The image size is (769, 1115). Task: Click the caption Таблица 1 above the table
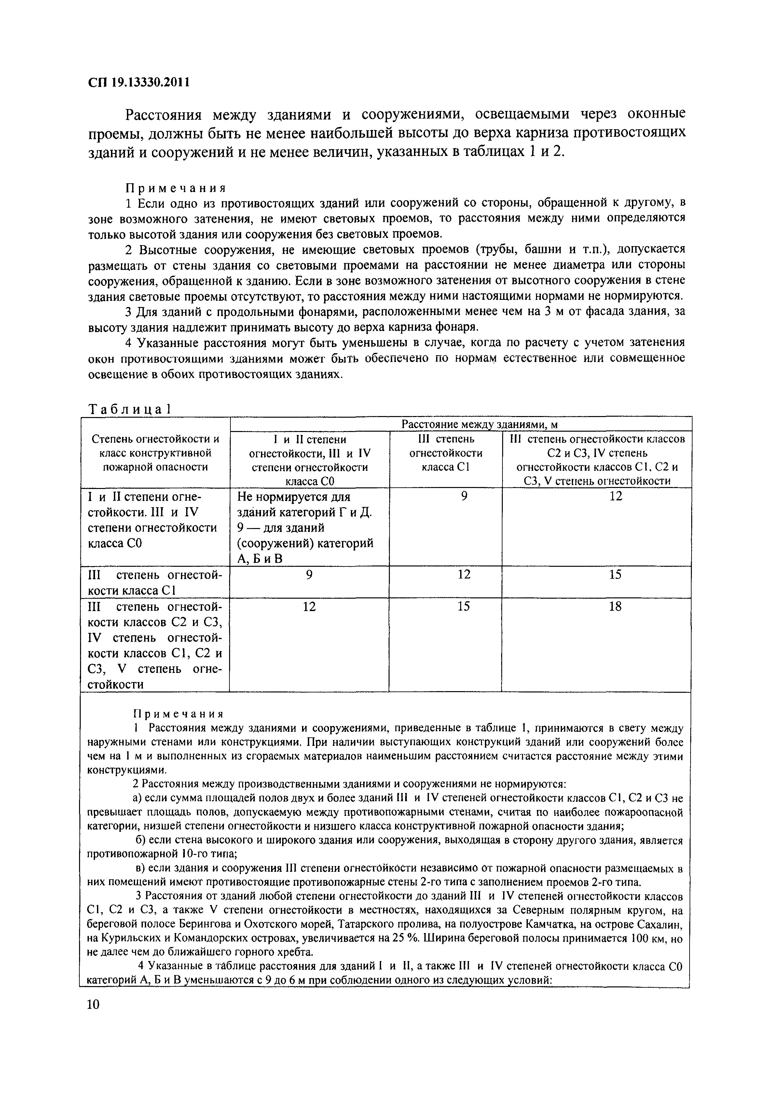coord(130,409)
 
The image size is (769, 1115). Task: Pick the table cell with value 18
coord(615,606)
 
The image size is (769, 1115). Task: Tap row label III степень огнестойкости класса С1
coord(155,582)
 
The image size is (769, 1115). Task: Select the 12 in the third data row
coord(309,606)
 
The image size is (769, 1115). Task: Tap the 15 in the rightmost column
coord(615,574)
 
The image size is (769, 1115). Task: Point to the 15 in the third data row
coord(463,606)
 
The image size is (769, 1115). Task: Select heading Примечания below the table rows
coord(178,714)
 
